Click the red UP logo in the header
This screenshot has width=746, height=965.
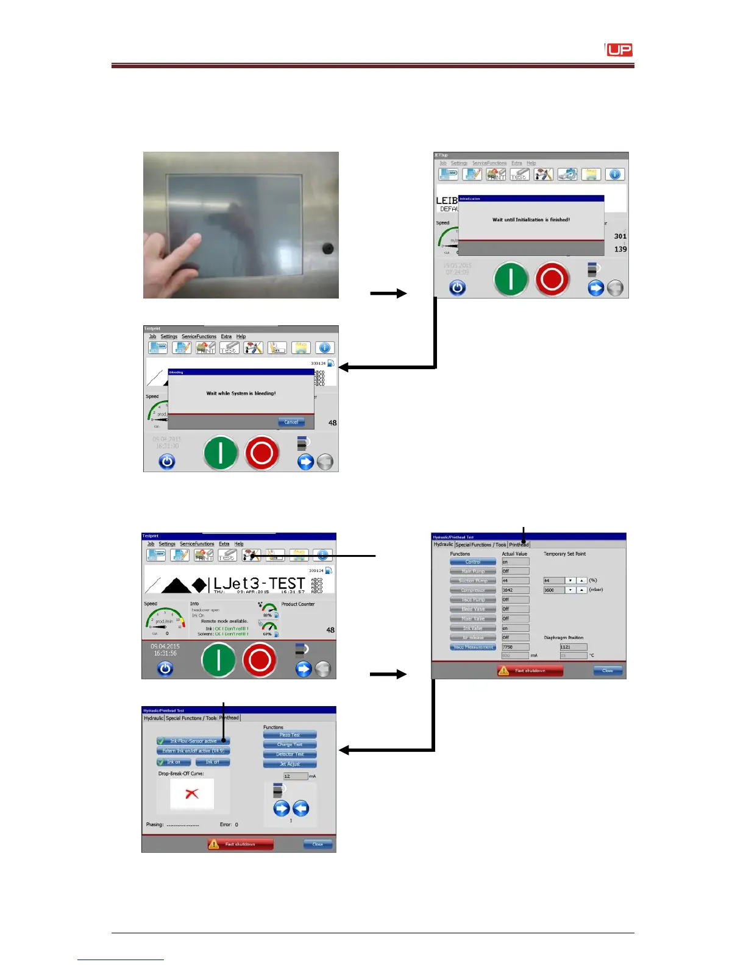pyautogui.click(x=619, y=50)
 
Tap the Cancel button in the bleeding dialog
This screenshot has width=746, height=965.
pyautogui.click(x=291, y=422)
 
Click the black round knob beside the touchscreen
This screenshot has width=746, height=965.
pyautogui.click(x=328, y=249)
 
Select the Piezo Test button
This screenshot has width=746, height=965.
pyautogui.click(x=290, y=735)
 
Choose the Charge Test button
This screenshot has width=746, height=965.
pyautogui.click(x=290, y=744)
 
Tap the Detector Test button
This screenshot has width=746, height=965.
pyautogui.click(x=290, y=754)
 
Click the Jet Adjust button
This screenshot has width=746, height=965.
pyautogui.click(x=290, y=764)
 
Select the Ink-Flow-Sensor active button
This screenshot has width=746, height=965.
pyautogui.click(x=193, y=741)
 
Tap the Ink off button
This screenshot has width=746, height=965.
pyautogui.click(x=212, y=762)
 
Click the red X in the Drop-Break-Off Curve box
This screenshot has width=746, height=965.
pyautogui.click(x=192, y=794)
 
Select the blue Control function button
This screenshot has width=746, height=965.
pyautogui.click(x=473, y=562)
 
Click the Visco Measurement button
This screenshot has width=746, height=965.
pyautogui.click(x=473, y=647)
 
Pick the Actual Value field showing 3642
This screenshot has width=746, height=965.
pyautogui.click(x=514, y=590)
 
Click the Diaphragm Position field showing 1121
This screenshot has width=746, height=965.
pyautogui.click(x=573, y=647)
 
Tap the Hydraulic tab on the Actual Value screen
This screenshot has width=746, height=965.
pyautogui.click(x=443, y=545)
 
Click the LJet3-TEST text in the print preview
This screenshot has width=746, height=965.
pyautogui.click(x=259, y=584)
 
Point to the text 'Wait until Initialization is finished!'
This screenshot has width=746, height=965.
pyautogui.click(x=531, y=220)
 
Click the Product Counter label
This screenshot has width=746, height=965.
pyautogui.click(x=298, y=604)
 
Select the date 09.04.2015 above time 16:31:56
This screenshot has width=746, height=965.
pyautogui.click(x=165, y=646)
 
